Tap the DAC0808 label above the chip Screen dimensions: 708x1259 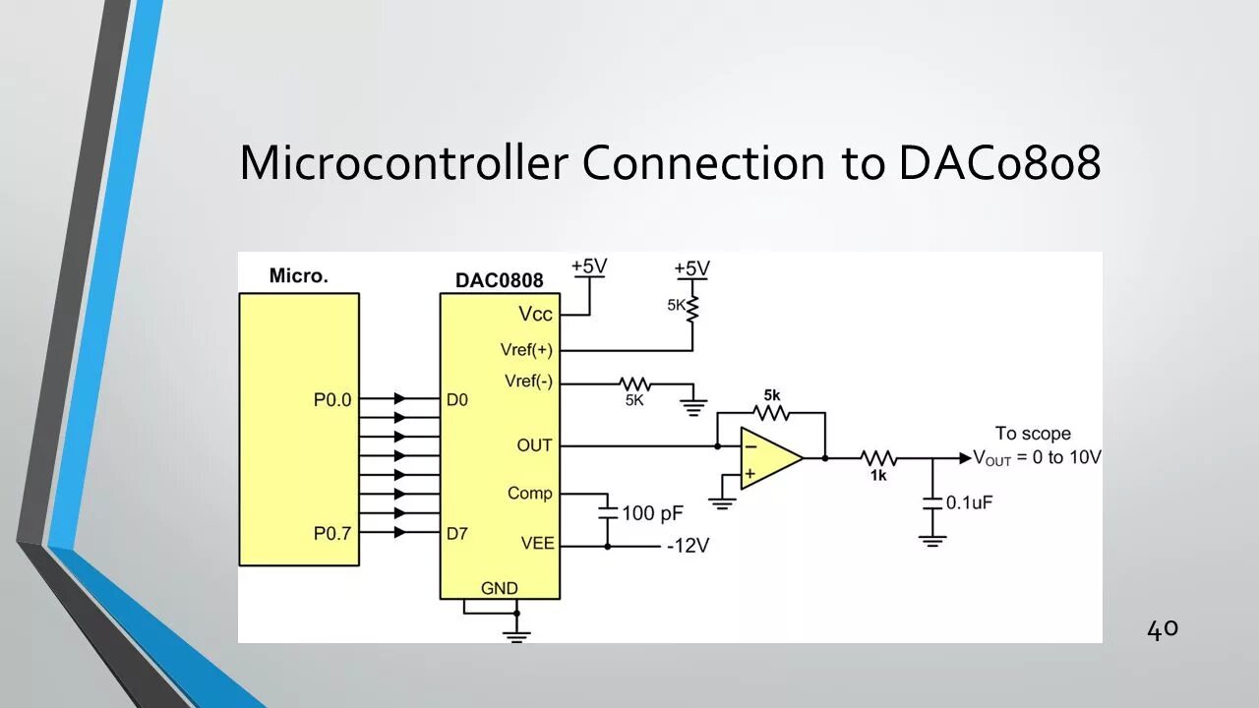pos(499,280)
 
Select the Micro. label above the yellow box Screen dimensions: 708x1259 pos(298,275)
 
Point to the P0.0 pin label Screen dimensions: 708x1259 pos(332,400)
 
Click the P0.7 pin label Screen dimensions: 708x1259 pos(332,533)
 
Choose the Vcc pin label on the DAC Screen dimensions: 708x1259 pos(535,315)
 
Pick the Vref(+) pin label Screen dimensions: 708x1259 pos(526,350)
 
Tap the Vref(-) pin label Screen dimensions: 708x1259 pos(528,382)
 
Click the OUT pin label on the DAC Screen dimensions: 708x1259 pos(534,445)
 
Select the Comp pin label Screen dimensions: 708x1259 pos(530,493)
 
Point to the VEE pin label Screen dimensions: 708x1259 pos(537,543)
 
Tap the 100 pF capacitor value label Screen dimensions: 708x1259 pos(652,512)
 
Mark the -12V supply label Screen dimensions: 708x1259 pos(688,546)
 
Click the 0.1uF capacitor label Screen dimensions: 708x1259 pos(969,502)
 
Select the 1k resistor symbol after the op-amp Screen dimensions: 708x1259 pos(878,458)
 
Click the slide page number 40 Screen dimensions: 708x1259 pos(1162,629)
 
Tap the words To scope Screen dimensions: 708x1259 pos(1033,433)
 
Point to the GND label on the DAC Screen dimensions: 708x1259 pos(499,588)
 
